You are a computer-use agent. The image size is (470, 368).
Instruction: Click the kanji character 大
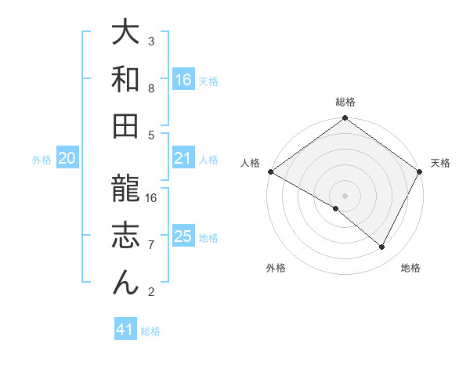[x=125, y=33]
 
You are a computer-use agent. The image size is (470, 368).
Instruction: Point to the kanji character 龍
[x=125, y=189]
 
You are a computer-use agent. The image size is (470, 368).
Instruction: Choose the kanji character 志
[x=125, y=235]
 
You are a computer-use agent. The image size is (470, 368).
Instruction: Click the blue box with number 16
[x=183, y=79]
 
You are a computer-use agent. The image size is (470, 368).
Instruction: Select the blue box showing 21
[x=183, y=159]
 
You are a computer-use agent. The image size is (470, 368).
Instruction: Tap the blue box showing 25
[x=183, y=236]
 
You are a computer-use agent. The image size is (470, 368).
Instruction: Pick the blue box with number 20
[x=67, y=159]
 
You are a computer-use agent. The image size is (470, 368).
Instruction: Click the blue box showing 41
[x=125, y=330]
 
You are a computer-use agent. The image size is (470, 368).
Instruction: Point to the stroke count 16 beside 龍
[x=152, y=198]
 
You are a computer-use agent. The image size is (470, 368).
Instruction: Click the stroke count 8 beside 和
[x=152, y=88]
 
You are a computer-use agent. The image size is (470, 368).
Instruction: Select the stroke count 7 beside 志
[x=152, y=245]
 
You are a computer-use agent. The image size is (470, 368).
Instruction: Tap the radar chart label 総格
[x=345, y=102]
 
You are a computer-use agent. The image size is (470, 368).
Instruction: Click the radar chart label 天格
[x=440, y=163]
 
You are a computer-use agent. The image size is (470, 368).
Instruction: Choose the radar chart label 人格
[x=250, y=163]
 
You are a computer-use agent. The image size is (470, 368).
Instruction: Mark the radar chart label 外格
[x=276, y=269]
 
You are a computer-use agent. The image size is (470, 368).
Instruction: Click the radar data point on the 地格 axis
[x=382, y=247]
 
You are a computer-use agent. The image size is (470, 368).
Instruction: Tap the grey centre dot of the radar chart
[x=345, y=195]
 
